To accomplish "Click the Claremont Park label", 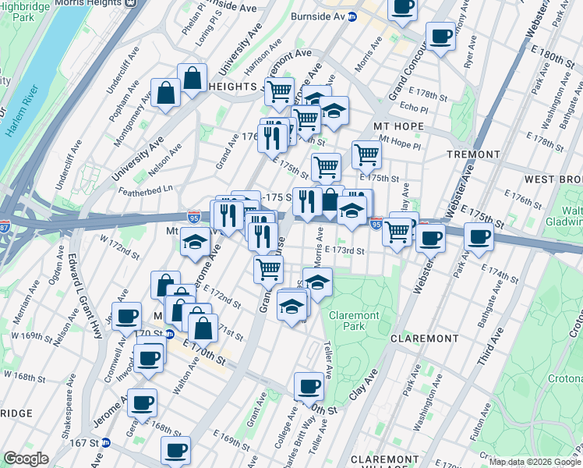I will pyautogui.click(x=354, y=321).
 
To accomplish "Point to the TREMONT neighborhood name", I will pyautogui.click(x=473, y=154).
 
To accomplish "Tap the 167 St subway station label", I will pyautogui.click(x=85, y=443).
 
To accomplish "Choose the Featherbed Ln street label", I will pyautogui.click(x=146, y=190).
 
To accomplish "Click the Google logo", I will pyautogui.click(x=26, y=459).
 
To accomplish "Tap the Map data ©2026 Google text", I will pyautogui.click(x=534, y=462).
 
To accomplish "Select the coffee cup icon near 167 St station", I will pyautogui.click(x=175, y=449).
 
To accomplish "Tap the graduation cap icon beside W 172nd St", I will pyautogui.click(x=194, y=242).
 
